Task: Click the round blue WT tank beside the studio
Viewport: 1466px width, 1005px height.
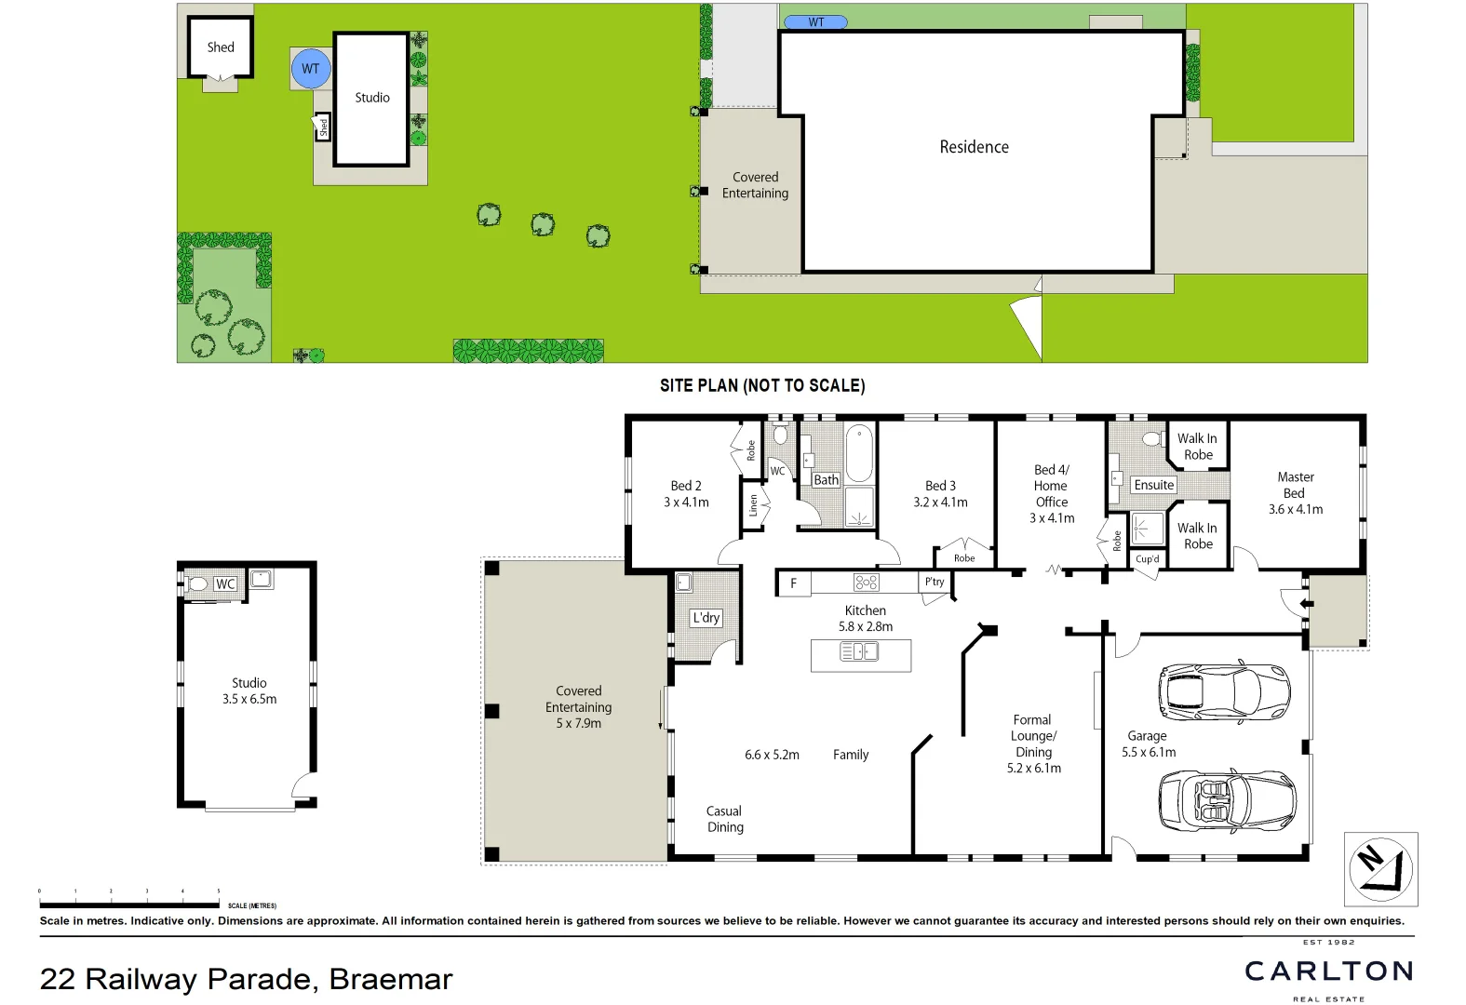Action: (311, 69)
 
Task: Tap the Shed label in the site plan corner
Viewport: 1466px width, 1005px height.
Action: (221, 47)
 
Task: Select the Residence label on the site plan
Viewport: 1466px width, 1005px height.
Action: (974, 147)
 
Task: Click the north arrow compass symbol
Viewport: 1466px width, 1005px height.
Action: (1380, 869)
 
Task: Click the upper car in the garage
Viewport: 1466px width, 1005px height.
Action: (1224, 691)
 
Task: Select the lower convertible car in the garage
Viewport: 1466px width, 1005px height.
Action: (1227, 800)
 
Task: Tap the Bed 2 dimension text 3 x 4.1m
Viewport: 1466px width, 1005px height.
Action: (686, 502)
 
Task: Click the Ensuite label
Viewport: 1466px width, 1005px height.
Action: (1154, 485)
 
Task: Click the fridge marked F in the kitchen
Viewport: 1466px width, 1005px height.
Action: (793, 583)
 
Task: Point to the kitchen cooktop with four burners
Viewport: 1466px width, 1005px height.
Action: (866, 583)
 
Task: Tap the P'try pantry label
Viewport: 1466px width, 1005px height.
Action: (935, 582)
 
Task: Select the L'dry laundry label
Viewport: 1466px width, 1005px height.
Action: (706, 618)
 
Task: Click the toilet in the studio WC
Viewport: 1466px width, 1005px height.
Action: (196, 584)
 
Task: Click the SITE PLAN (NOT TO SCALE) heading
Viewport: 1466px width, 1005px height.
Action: (762, 385)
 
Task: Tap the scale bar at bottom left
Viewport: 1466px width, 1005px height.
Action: (130, 904)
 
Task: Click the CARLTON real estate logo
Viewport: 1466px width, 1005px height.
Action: (1328, 971)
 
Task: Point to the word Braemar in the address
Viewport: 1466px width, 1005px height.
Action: (391, 979)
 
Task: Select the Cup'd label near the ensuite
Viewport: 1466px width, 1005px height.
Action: (1148, 559)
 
